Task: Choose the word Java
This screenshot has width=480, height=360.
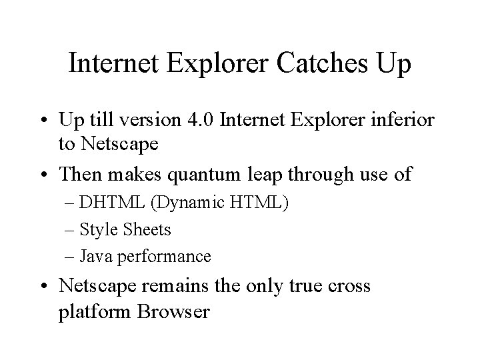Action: point(98,256)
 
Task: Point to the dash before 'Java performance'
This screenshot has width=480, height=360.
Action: point(71,257)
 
